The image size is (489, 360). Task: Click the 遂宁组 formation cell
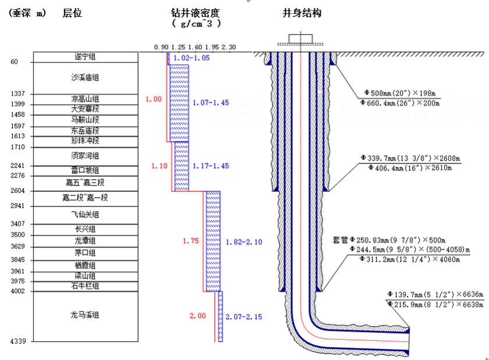coord(85,57)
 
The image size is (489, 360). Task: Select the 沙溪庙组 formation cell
coord(85,77)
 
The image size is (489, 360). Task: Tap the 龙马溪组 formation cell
coord(85,315)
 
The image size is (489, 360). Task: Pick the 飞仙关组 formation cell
coord(85,215)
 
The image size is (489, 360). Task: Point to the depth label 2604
coord(17,191)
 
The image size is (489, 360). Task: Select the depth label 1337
coord(17,94)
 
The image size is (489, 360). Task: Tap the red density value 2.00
coord(197,316)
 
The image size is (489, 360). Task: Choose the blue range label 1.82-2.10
coord(241,241)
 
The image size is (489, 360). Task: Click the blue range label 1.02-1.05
coord(192,58)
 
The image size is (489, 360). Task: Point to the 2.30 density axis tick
coord(229,47)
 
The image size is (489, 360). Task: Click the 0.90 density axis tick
coord(161,47)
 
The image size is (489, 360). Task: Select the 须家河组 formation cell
coord(85,156)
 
